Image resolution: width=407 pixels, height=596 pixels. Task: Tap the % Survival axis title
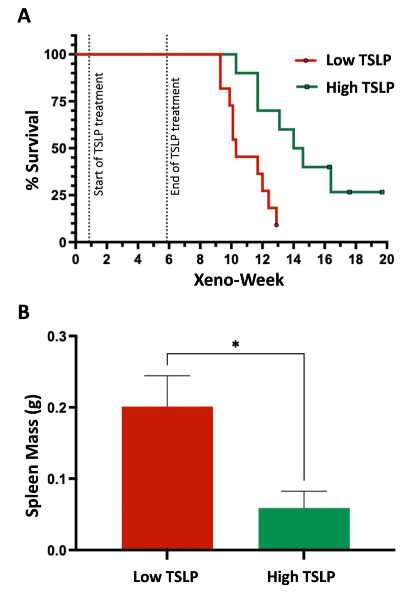click(x=33, y=150)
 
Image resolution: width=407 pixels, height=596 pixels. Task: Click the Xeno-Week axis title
click(x=239, y=280)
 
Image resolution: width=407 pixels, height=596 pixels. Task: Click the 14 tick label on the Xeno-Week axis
click(x=294, y=260)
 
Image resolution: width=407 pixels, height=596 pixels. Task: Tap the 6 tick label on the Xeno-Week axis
click(x=169, y=260)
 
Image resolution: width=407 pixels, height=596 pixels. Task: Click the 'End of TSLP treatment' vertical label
click(x=175, y=136)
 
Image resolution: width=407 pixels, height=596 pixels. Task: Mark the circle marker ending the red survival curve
click(x=276, y=225)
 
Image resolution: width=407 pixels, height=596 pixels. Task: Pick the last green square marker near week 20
click(x=382, y=192)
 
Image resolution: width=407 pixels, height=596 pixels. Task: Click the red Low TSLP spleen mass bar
click(x=167, y=477)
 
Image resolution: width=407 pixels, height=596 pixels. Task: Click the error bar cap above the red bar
click(x=167, y=376)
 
